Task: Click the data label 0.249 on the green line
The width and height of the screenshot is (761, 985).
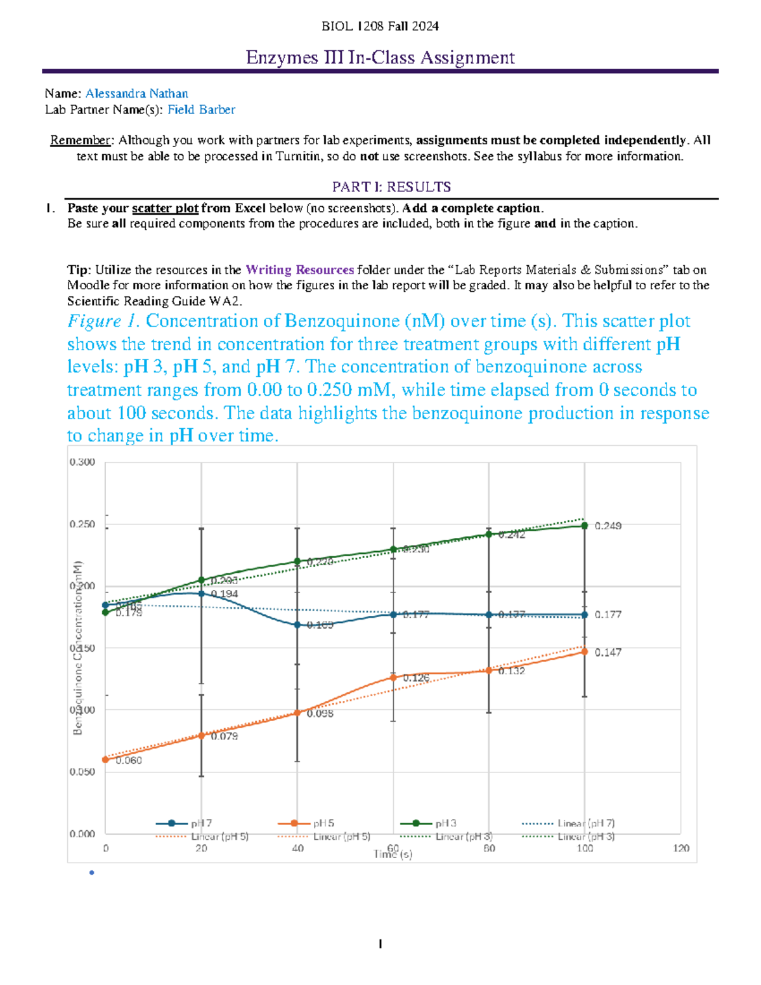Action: pyautogui.click(x=608, y=526)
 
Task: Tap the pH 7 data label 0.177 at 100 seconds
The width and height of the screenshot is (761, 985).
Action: pyautogui.click(x=608, y=615)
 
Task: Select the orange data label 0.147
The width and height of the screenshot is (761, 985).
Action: pyautogui.click(x=608, y=652)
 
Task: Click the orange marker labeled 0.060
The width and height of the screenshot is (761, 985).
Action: pyautogui.click(x=105, y=759)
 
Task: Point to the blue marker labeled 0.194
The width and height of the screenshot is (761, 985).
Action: pyautogui.click(x=202, y=594)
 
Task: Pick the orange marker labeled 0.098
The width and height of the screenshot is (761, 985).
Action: pyautogui.click(x=297, y=713)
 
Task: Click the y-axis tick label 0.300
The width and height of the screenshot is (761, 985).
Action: pyautogui.click(x=82, y=462)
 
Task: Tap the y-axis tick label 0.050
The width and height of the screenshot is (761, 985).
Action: pyautogui.click(x=82, y=772)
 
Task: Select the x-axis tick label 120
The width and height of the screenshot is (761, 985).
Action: pyautogui.click(x=681, y=848)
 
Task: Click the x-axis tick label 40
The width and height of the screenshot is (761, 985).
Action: pyautogui.click(x=297, y=848)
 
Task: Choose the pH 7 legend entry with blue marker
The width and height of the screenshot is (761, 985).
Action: pyautogui.click(x=184, y=823)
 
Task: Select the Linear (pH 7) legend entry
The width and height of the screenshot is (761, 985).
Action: pyautogui.click(x=568, y=823)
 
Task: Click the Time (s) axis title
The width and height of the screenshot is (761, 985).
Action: pyautogui.click(x=393, y=854)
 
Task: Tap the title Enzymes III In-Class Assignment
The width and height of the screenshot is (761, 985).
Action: pyautogui.click(x=380, y=58)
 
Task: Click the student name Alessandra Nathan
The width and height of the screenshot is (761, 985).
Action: pyautogui.click(x=136, y=93)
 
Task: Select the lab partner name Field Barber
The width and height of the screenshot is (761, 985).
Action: pyautogui.click(x=201, y=109)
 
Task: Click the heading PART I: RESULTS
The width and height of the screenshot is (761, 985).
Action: pyautogui.click(x=391, y=186)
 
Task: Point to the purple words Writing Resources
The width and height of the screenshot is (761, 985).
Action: pyautogui.click(x=299, y=270)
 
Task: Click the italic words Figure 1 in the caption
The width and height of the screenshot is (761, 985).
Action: pyautogui.click(x=103, y=321)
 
